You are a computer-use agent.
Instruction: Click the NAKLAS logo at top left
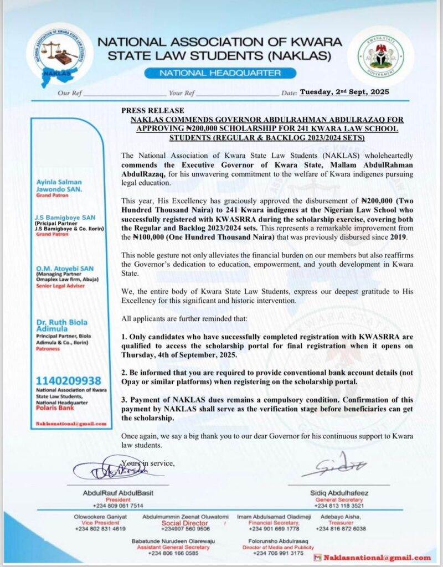click(59, 54)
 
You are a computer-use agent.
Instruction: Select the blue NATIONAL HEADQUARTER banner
click(220, 73)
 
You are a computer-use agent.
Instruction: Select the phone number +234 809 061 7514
click(112, 506)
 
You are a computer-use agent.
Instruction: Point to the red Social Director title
click(185, 523)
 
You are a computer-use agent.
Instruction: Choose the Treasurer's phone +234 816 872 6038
click(341, 529)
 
